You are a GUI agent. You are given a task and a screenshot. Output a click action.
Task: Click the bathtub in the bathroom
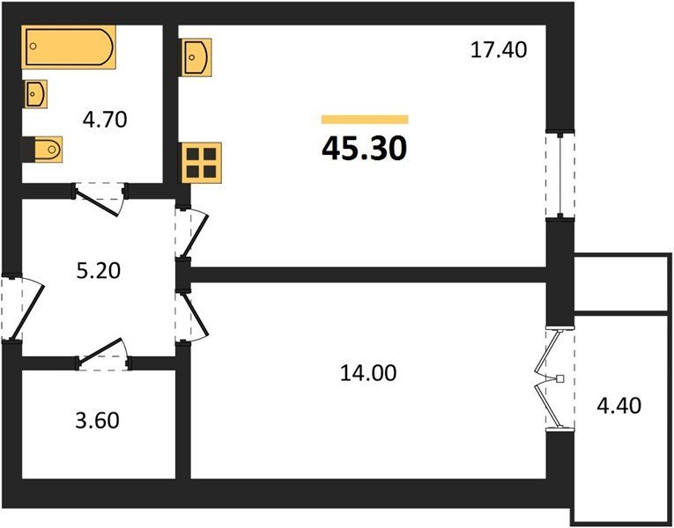pyautogui.click(x=69, y=47)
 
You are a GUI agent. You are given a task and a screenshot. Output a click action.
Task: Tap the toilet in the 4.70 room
pyautogui.click(x=42, y=150)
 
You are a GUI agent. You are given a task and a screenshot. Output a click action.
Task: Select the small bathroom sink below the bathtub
pyautogui.click(x=35, y=93)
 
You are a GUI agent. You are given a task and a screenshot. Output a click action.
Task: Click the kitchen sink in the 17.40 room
pyautogui.click(x=196, y=57)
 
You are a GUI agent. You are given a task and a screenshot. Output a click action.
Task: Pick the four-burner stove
pyautogui.click(x=201, y=163)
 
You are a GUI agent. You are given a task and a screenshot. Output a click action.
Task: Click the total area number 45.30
pyautogui.click(x=364, y=149)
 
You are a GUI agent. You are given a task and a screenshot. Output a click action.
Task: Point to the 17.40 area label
pyautogui.click(x=499, y=50)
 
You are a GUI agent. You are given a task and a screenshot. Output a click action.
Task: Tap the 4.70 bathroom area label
pyautogui.click(x=105, y=120)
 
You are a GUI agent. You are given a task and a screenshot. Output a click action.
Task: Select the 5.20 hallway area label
pyautogui.click(x=99, y=271)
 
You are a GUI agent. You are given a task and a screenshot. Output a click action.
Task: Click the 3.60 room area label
pyautogui.click(x=98, y=421)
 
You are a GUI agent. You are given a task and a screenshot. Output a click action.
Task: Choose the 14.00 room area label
pyautogui.click(x=368, y=372)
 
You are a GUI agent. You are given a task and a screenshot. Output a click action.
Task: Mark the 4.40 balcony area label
pyautogui.click(x=619, y=405)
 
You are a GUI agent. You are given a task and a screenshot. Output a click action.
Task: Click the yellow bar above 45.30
pyautogui.click(x=365, y=120)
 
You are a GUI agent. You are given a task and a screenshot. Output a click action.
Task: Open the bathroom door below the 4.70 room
pyautogui.click(x=100, y=199)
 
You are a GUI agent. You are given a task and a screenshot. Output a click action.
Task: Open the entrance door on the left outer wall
pyautogui.click(x=21, y=307)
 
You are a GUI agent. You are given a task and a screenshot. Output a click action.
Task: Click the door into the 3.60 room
pyautogui.click(x=103, y=354)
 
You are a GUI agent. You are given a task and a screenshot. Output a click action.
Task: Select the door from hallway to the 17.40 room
pyautogui.click(x=191, y=233)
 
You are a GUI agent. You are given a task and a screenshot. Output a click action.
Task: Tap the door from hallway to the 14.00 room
pyautogui.click(x=192, y=317)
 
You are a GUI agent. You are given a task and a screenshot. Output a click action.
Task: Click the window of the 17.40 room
pyautogui.click(x=560, y=175)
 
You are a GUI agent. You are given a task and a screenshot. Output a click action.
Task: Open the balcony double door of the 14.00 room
pyautogui.click(x=554, y=378)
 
